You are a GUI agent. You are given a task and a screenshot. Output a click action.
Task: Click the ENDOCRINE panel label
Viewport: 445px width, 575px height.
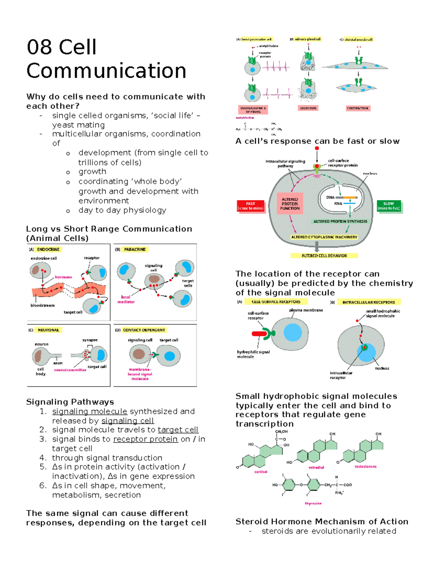[x=48, y=250]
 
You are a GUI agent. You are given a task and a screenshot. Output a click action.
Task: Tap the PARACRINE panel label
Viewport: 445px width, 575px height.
[x=135, y=250]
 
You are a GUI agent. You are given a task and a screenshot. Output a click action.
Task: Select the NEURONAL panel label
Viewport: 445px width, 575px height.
[x=48, y=330]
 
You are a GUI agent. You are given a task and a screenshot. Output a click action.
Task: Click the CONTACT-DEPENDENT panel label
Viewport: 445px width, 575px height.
[x=144, y=330]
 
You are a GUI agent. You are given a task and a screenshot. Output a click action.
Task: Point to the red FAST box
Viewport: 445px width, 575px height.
[x=251, y=206]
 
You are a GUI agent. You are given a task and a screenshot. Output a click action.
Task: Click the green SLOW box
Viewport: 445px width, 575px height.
[x=388, y=206]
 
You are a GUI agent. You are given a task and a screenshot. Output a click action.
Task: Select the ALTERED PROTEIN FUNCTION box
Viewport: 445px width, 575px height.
[x=290, y=204]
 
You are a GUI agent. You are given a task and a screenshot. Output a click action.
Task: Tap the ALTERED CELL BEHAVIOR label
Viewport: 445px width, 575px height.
[x=324, y=255]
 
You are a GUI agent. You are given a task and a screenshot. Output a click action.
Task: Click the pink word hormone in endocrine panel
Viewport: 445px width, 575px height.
[x=63, y=277]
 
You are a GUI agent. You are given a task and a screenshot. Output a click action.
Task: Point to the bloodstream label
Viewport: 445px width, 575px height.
[x=42, y=305]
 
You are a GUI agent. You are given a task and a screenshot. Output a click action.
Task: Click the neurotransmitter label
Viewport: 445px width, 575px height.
[x=70, y=370]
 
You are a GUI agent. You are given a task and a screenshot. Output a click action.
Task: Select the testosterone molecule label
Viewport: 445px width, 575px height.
[x=365, y=467]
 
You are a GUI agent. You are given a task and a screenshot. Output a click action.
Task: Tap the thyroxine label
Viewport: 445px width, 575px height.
[x=313, y=503]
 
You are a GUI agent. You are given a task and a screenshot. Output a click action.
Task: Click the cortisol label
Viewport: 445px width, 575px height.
[x=261, y=472]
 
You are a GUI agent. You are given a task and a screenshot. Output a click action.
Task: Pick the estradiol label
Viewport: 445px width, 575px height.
[x=316, y=467]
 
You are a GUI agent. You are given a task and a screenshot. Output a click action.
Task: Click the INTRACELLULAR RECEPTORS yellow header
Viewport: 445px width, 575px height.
[x=368, y=302]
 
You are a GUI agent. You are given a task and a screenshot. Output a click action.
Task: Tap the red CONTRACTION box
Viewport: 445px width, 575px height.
[x=357, y=108]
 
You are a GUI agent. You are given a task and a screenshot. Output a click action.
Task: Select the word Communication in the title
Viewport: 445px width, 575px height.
[x=106, y=71]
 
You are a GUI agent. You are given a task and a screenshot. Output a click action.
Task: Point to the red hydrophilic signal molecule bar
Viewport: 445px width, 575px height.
[x=259, y=334]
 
